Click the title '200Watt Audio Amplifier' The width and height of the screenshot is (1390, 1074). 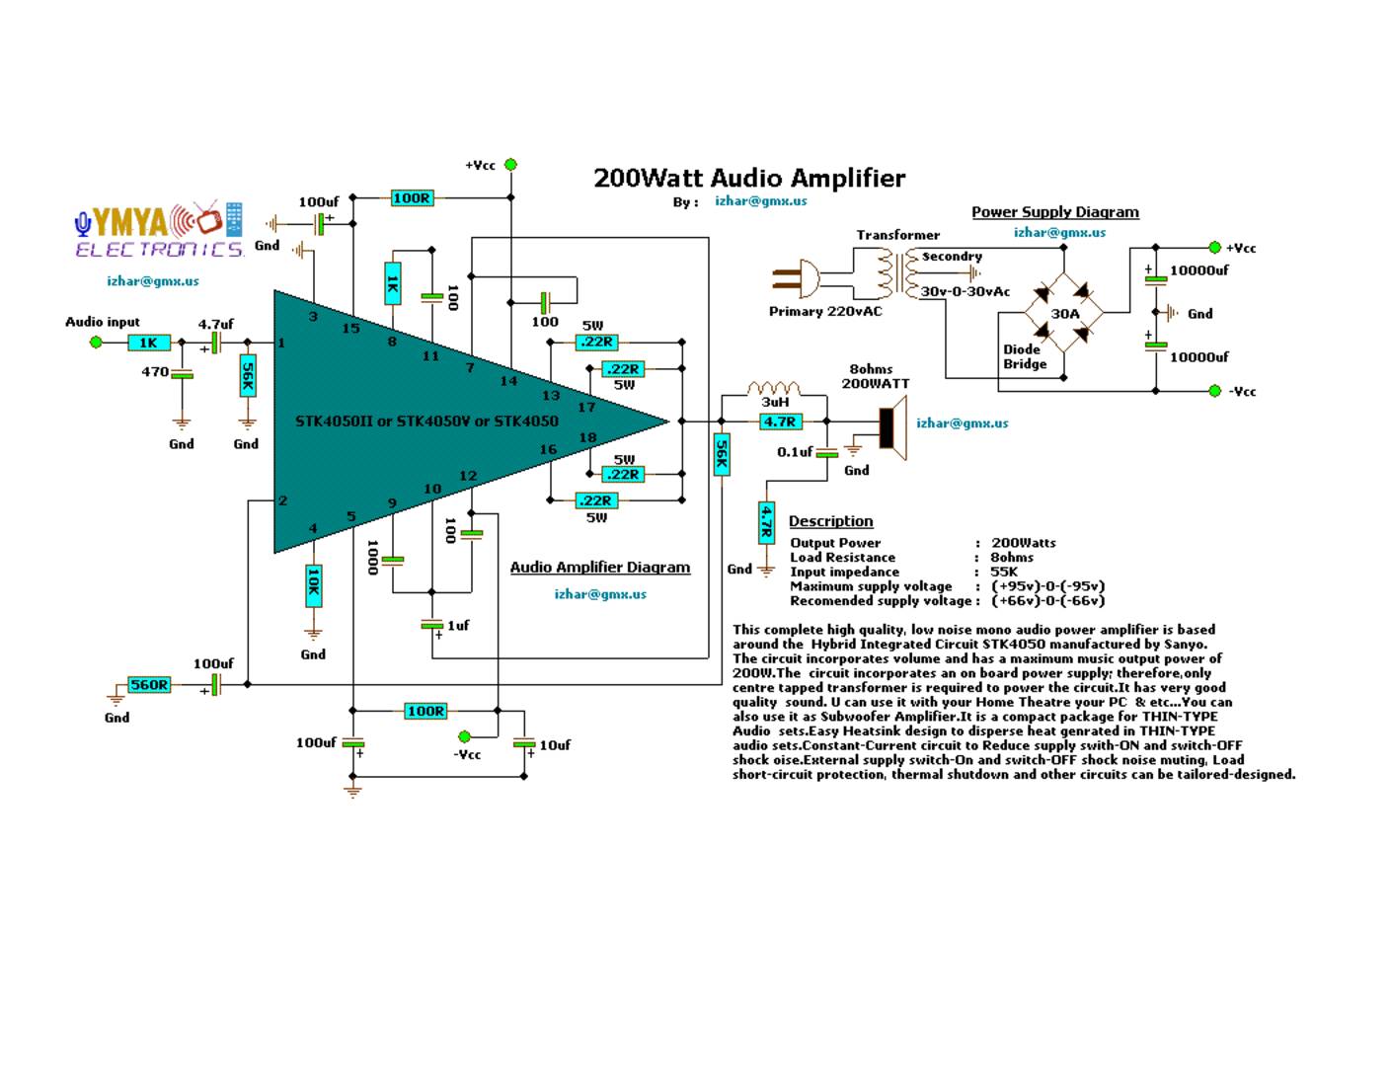pos(748,178)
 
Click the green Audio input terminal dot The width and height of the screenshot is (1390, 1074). pos(96,343)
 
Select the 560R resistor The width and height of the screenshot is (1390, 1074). pos(149,685)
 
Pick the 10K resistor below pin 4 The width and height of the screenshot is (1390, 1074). pos(313,585)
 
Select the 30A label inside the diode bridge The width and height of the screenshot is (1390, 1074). pos(1064,314)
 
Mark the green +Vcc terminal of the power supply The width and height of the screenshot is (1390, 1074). pos(1214,247)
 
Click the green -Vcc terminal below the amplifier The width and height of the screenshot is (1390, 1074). pos(465,735)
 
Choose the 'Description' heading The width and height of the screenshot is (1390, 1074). pos(830,521)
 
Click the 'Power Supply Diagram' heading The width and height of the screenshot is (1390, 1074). pos(1054,212)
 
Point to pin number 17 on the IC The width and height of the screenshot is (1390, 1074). pos(586,407)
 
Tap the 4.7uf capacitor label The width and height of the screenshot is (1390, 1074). pos(215,324)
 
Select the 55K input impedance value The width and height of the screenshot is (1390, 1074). pos(1004,572)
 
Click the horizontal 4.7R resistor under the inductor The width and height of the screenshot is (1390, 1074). pos(779,422)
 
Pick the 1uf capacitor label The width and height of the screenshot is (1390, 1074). pos(458,625)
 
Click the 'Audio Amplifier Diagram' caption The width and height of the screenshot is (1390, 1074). pos(599,568)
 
